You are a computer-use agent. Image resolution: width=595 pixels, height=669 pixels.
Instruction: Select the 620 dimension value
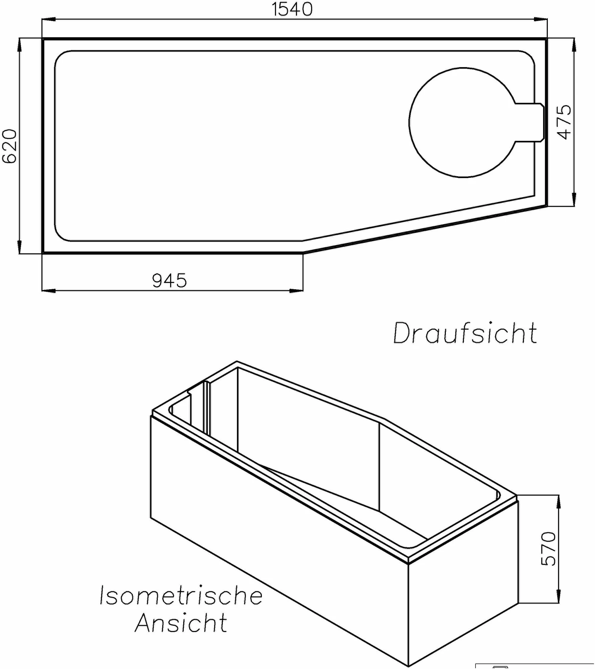10,146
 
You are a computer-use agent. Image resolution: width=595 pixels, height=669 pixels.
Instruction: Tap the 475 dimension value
564,122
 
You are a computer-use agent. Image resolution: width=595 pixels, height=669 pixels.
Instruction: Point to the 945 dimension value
169,281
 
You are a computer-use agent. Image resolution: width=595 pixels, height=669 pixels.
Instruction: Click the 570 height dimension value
549,548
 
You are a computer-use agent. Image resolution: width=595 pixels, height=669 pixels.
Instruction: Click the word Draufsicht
465,333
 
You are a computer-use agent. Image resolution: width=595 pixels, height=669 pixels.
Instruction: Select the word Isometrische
181,596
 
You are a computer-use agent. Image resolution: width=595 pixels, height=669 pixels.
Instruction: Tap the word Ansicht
181,623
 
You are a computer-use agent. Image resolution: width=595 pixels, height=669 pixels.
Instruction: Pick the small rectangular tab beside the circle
530,122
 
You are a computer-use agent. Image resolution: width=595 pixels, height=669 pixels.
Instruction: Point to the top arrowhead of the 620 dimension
19,45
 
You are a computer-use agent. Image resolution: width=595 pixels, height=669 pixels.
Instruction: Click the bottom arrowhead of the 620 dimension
19,247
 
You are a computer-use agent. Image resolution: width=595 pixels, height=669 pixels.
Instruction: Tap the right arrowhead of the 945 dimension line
296,291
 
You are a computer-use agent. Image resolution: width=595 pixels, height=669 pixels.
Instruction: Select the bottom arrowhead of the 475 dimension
574,200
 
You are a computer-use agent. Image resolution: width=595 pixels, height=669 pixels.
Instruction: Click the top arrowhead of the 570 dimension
558,502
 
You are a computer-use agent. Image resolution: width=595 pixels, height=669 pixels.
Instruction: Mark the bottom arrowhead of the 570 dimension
558,596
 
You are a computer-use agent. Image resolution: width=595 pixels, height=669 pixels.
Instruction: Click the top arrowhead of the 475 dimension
574,45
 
